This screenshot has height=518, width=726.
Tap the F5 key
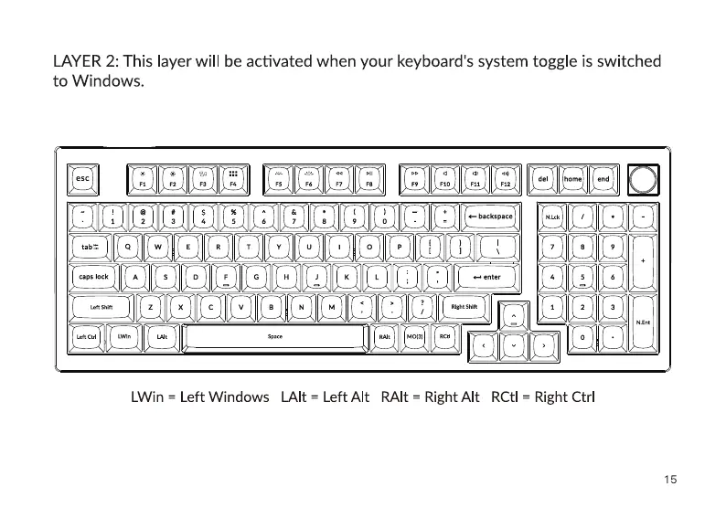(x=278, y=179)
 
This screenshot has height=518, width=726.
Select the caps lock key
(x=93, y=277)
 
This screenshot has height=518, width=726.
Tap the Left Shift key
(x=101, y=307)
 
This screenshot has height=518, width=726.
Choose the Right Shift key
(x=464, y=307)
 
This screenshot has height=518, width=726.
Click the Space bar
(x=275, y=337)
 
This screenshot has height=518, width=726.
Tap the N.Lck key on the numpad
(x=552, y=217)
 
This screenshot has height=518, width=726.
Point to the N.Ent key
(x=643, y=322)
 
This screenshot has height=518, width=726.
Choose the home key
(x=573, y=179)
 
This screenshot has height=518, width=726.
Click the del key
(x=543, y=179)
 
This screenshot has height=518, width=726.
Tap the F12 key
(x=504, y=179)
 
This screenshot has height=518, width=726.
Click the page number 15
(x=670, y=479)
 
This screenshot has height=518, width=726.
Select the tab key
(x=93, y=247)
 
